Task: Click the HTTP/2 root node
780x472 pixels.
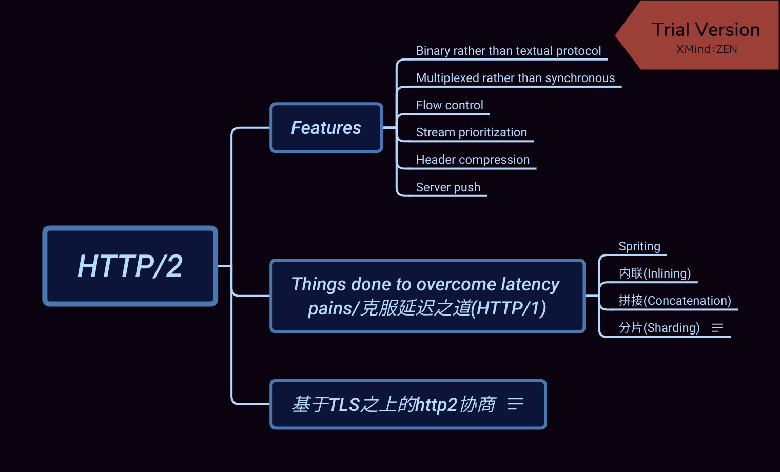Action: click(x=130, y=266)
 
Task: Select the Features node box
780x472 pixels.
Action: click(x=326, y=128)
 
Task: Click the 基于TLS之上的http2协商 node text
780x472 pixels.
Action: click(x=394, y=405)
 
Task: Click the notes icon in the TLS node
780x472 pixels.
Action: click(x=515, y=404)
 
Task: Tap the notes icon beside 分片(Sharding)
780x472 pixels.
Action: click(x=717, y=328)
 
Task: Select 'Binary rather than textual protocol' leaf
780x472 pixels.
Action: click(x=508, y=51)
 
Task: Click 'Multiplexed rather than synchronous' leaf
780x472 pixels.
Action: click(x=515, y=78)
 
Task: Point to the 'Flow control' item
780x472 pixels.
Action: click(x=450, y=105)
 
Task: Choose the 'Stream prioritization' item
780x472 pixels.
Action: click(x=471, y=132)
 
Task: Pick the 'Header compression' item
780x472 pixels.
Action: click(x=473, y=160)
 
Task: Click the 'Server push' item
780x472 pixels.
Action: click(x=448, y=187)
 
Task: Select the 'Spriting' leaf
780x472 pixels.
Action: click(x=639, y=246)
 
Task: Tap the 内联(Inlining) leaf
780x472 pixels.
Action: click(x=654, y=273)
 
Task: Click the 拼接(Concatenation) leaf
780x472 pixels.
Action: click(x=674, y=301)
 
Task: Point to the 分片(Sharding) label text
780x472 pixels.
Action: click(x=659, y=328)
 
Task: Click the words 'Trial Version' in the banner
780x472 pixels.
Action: click(x=706, y=30)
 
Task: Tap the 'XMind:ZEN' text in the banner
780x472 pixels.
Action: click(x=707, y=49)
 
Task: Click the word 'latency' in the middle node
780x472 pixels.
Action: click(x=530, y=284)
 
